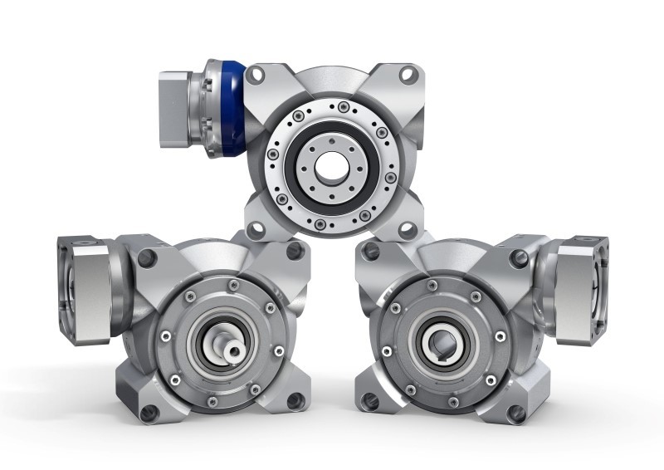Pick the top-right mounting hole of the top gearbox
(408, 75)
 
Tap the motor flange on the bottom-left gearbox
(83, 278)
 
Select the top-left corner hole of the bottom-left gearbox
(148, 258)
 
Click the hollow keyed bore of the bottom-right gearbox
(435, 341)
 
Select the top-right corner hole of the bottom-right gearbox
(516, 258)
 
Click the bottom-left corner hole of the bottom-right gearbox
(371, 400)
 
